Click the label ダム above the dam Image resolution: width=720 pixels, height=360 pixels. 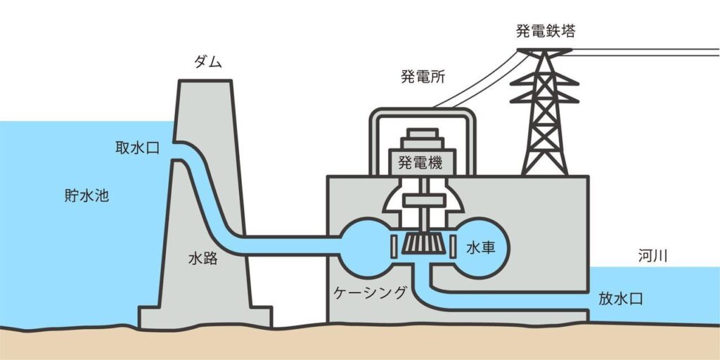click(x=207, y=63)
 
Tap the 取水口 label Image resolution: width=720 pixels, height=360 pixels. click(x=139, y=148)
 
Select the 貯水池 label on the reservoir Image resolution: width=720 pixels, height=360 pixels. click(x=82, y=195)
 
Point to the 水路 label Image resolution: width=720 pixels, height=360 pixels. click(x=202, y=258)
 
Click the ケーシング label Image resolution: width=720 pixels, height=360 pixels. click(x=371, y=292)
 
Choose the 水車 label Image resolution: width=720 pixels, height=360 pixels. click(x=480, y=247)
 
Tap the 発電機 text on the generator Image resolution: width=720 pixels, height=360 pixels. click(x=420, y=163)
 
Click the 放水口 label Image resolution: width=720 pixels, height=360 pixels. click(x=621, y=298)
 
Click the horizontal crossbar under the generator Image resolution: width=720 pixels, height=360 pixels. click(x=420, y=200)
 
